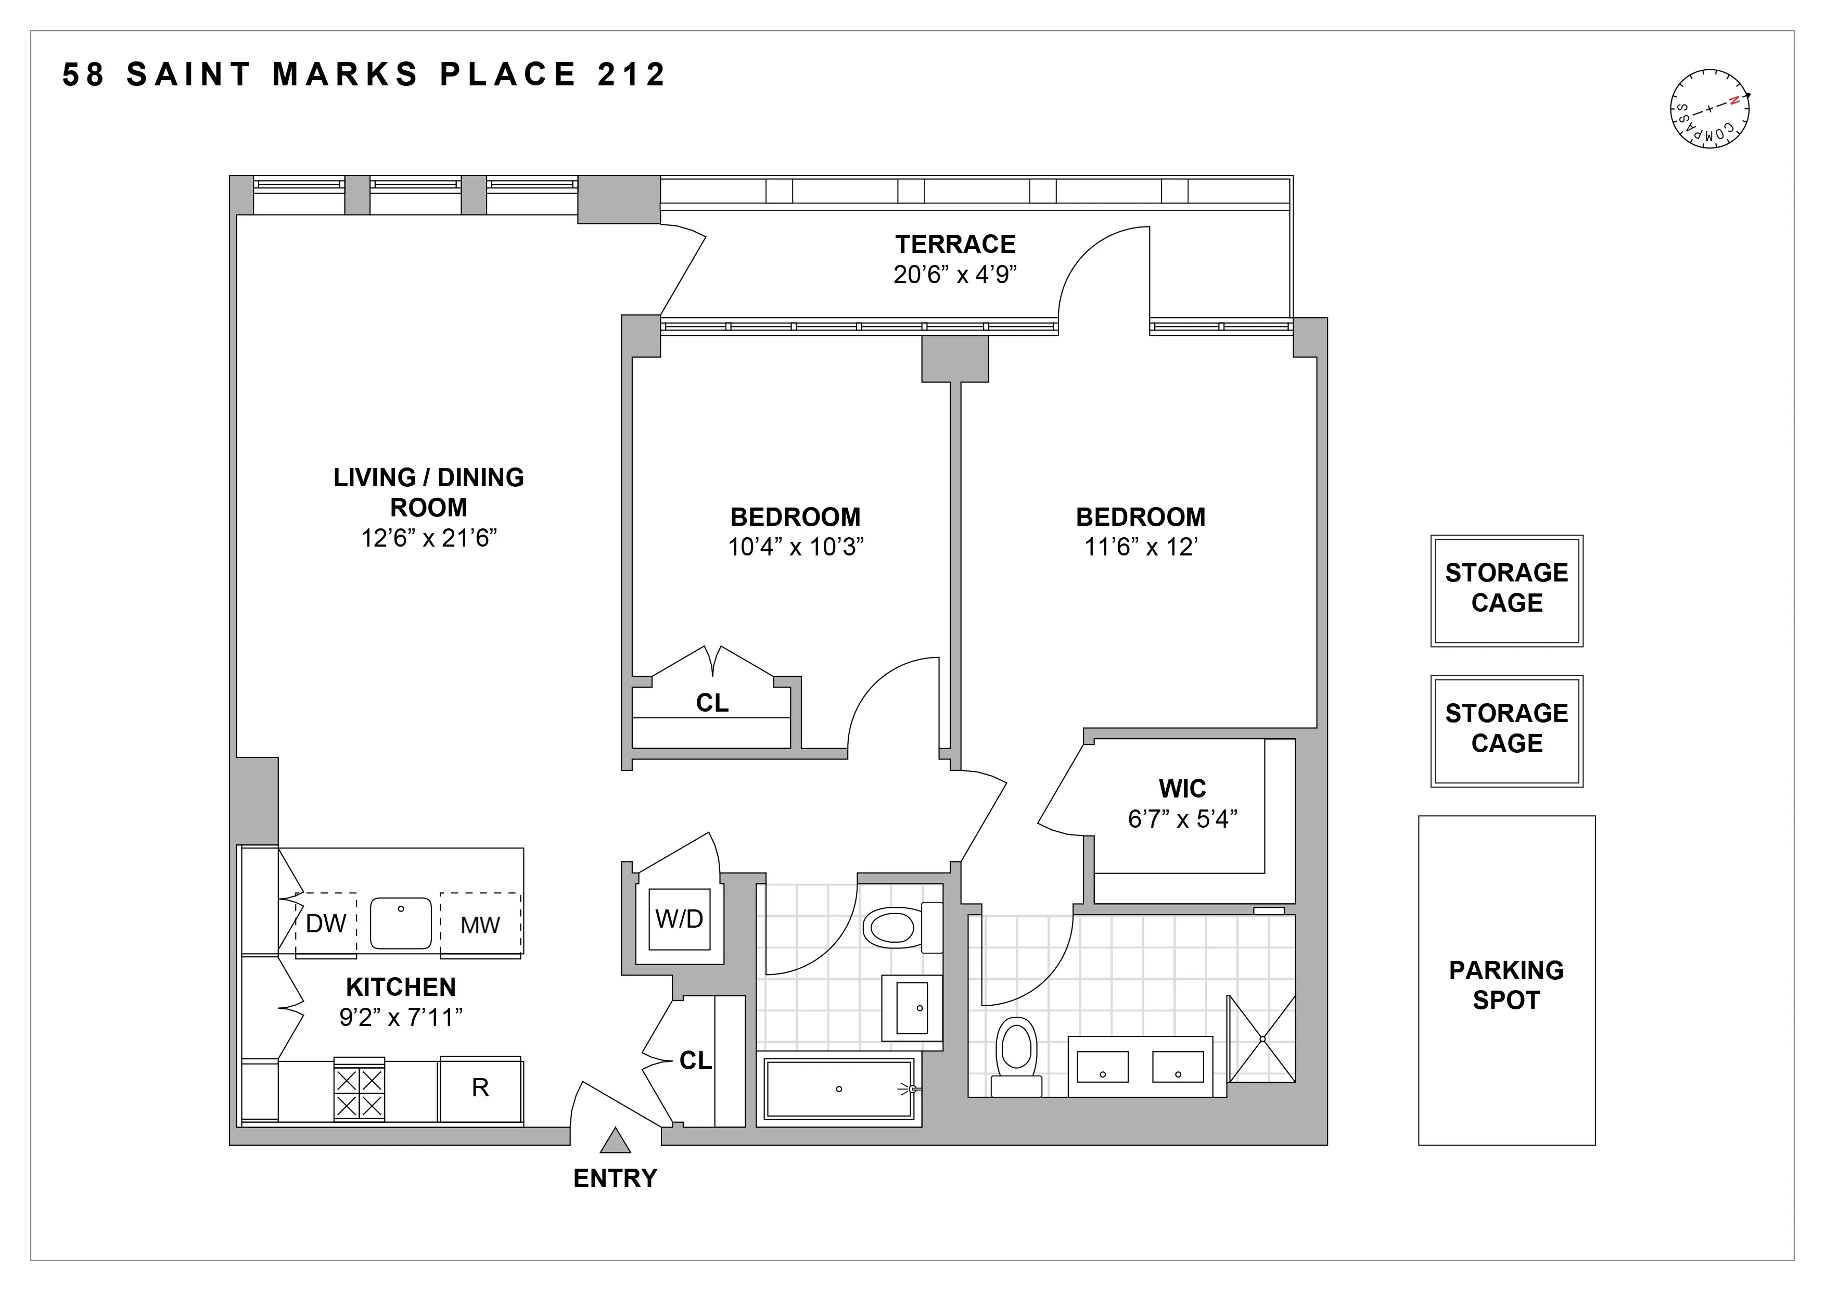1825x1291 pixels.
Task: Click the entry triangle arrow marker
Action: pyautogui.click(x=615, y=1142)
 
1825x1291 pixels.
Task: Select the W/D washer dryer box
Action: pyautogui.click(x=679, y=919)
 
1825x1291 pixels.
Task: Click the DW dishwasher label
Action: pyautogui.click(x=325, y=923)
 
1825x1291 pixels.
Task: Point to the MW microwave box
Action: pyautogui.click(x=480, y=923)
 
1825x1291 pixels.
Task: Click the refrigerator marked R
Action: pyautogui.click(x=480, y=1089)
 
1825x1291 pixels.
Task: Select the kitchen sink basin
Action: pyautogui.click(x=401, y=923)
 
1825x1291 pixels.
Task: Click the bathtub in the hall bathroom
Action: pyautogui.click(x=838, y=1089)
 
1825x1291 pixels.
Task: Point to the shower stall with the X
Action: pyautogui.click(x=1261, y=1039)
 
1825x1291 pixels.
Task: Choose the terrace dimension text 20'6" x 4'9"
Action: pyautogui.click(x=954, y=275)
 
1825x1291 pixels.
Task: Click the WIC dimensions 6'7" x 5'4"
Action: pyautogui.click(x=1182, y=819)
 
